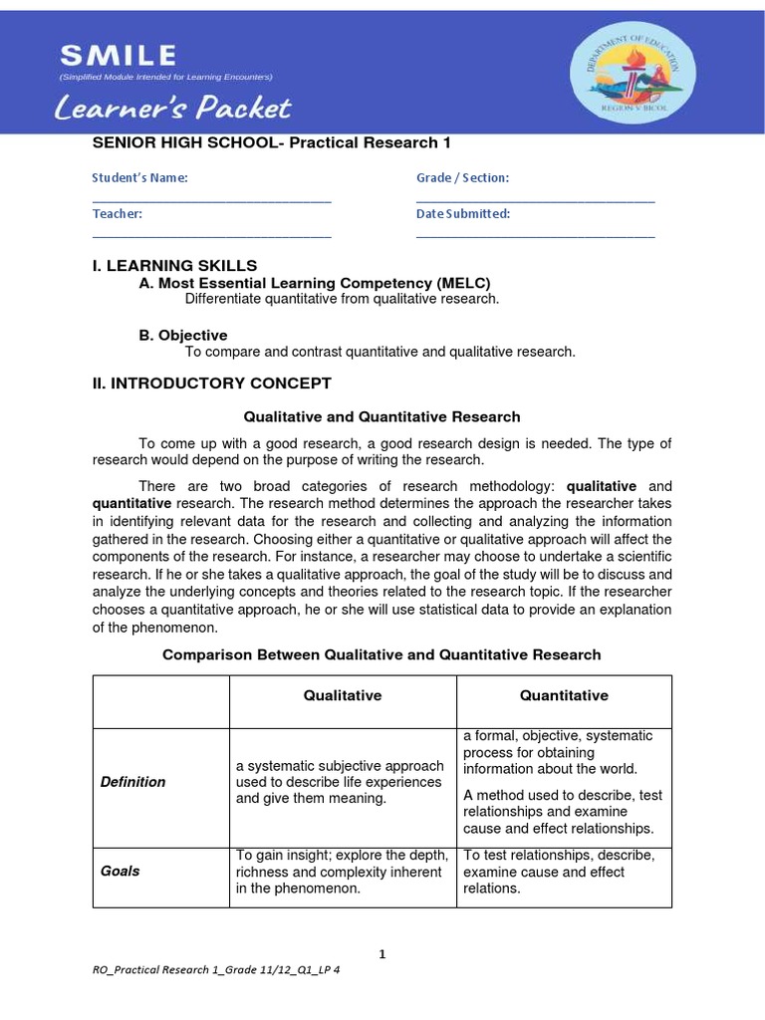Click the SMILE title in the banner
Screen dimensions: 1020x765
click(x=118, y=54)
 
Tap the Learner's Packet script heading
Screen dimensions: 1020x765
click(x=174, y=108)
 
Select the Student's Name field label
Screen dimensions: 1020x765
click(x=139, y=177)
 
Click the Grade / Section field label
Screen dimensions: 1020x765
click(x=462, y=177)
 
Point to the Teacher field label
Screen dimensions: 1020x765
click(x=118, y=213)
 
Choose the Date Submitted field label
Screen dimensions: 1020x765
click(x=463, y=213)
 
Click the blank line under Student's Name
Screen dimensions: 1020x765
click(x=211, y=200)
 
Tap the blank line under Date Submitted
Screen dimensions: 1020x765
click(x=535, y=236)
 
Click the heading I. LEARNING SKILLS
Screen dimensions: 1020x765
click(x=174, y=265)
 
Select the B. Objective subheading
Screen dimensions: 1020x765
click(x=183, y=335)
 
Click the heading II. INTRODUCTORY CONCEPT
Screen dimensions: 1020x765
click(x=211, y=382)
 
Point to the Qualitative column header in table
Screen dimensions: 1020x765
click(x=343, y=695)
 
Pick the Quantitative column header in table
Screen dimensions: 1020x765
click(x=564, y=695)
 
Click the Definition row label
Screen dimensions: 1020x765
click(x=133, y=782)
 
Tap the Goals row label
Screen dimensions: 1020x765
click(x=121, y=871)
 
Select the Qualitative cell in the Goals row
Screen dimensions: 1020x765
click(x=343, y=872)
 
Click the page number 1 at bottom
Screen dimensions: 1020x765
click(x=382, y=954)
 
